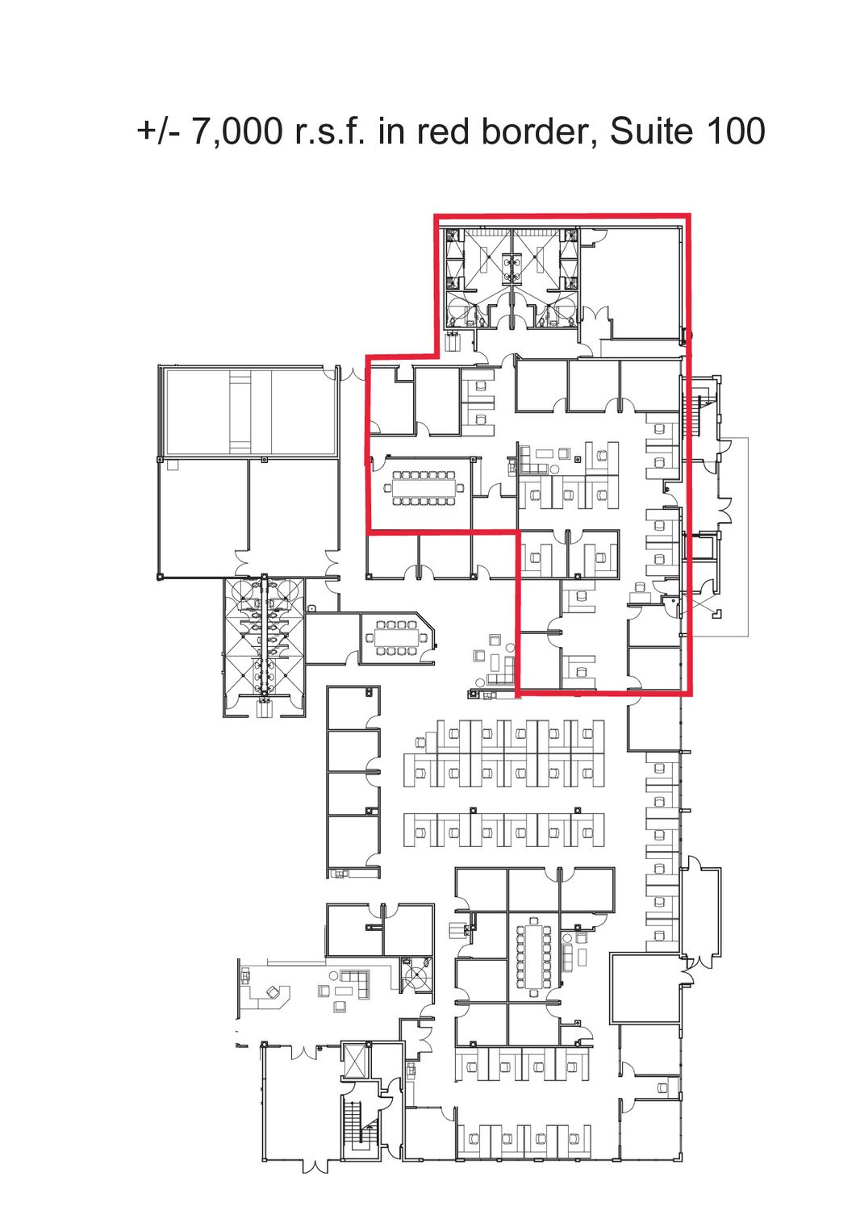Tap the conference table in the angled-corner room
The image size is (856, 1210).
click(396, 638)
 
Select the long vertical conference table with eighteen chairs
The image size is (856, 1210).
click(533, 958)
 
